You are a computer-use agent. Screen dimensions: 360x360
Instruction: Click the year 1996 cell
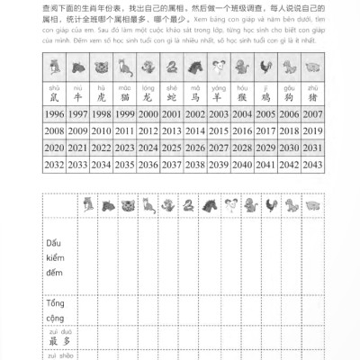pos(54,115)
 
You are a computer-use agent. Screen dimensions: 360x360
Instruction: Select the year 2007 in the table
pos(311,115)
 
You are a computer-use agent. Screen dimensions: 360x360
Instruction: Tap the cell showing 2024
pos(148,148)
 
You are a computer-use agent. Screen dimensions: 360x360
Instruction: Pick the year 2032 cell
pos(54,165)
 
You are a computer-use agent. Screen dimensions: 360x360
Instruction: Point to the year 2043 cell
pos(311,165)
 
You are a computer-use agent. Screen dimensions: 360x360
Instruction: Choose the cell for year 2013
pos(171,131)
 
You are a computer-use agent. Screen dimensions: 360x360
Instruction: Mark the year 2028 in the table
pos(241,148)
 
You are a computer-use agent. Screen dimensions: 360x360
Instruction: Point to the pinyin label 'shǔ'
pos(54,86)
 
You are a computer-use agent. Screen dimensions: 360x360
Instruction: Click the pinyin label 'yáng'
pos(218,86)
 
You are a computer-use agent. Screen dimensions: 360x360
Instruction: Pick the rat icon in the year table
pos(54,66)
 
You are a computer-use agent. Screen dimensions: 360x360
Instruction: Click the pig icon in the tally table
pos(311,207)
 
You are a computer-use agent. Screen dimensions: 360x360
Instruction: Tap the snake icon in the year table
pos(171,66)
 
